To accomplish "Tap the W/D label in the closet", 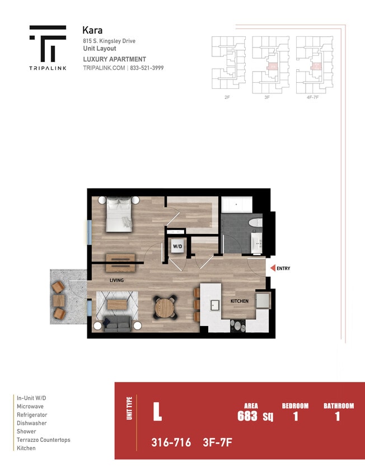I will coord(177,246).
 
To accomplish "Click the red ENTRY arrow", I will coord(273,268).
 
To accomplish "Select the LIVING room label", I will coord(116,280).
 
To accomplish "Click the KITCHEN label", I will coord(239,301).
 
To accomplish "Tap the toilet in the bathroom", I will coord(255,223).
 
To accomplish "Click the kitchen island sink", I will coord(214,305).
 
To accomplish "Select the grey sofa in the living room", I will coord(117,324).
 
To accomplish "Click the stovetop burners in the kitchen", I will coord(238,325).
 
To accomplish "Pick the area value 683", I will coord(247,416).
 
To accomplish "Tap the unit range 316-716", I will coord(171,443).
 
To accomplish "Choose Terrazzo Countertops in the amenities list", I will coord(44,440).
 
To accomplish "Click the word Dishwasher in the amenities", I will coord(32,423).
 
